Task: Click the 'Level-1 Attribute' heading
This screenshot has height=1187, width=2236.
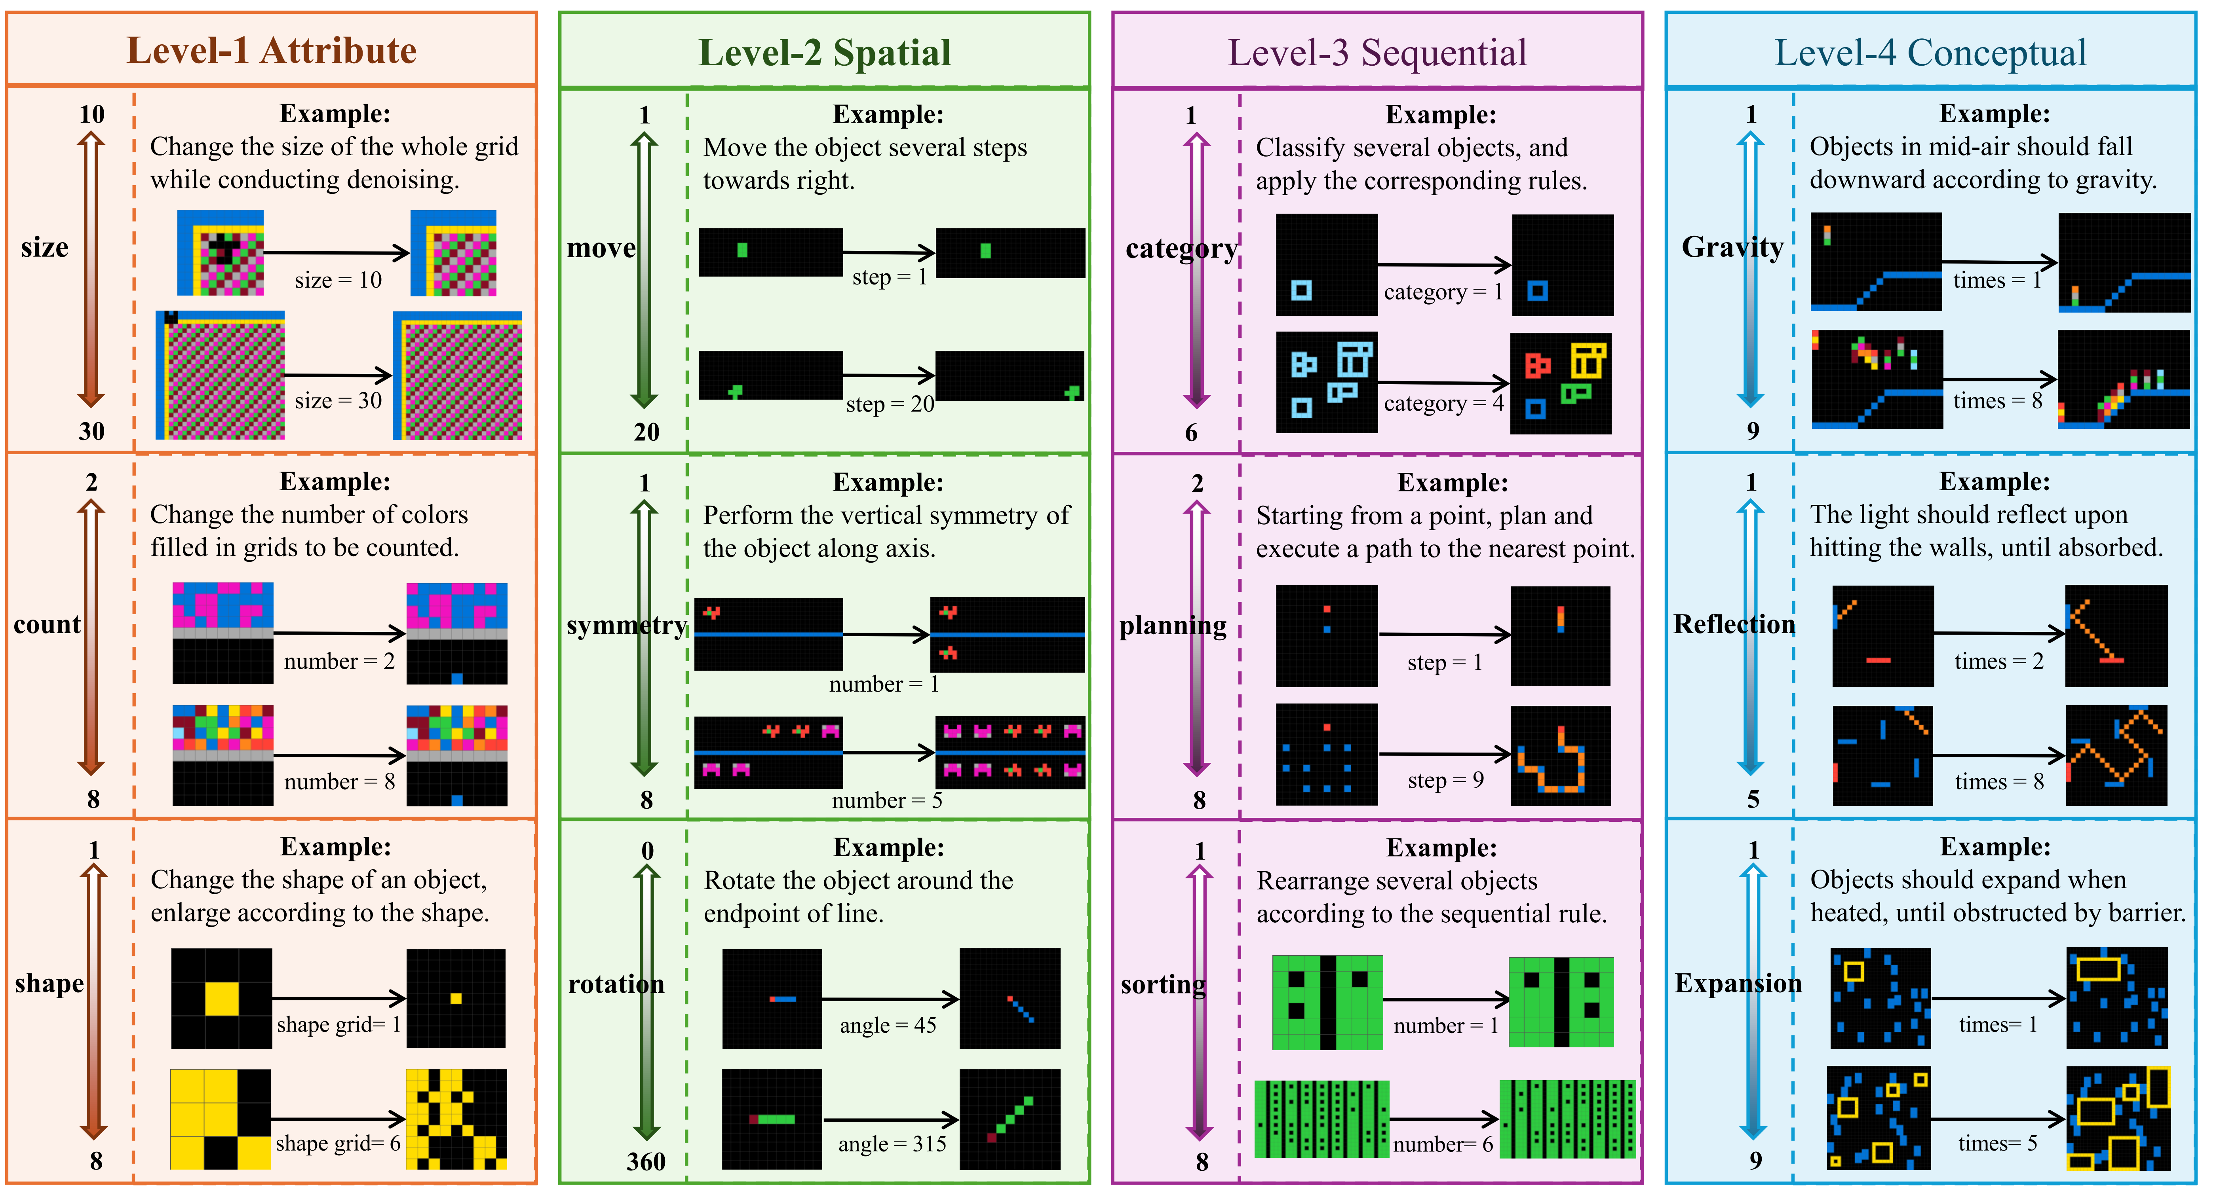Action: [x=272, y=50]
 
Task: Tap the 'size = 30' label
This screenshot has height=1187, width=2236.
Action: [x=338, y=401]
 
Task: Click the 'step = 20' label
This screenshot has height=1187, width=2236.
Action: [x=890, y=404]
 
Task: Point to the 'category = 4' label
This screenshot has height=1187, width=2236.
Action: [x=1443, y=404]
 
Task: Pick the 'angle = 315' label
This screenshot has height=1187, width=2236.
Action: [x=892, y=1145]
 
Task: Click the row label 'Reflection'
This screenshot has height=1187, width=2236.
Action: [x=1734, y=625]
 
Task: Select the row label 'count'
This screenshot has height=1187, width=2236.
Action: [x=47, y=625]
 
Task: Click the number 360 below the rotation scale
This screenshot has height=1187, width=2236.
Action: [x=646, y=1162]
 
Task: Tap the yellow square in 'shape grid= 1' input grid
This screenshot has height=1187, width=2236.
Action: [x=221, y=999]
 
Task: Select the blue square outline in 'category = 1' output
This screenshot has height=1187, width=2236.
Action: [x=1537, y=291]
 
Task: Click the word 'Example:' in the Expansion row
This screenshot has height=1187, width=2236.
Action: [x=1995, y=847]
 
